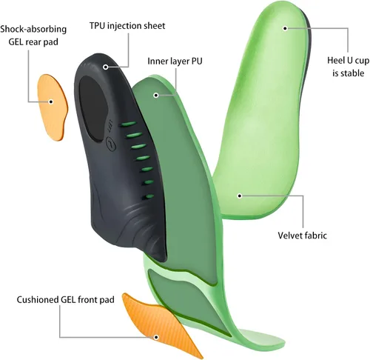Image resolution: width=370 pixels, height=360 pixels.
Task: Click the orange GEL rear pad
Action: coord(53,107)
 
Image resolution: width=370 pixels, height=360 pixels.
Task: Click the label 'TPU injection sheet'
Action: coord(127,26)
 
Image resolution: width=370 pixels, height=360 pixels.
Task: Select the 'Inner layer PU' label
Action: coord(175,61)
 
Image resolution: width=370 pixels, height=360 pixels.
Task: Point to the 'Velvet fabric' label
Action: coord(302,236)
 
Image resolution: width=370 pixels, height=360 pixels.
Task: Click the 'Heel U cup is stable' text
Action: coord(349,67)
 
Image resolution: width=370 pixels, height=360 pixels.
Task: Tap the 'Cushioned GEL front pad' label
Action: coord(66,299)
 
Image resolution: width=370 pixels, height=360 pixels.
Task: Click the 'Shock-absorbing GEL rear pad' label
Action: coord(33,36)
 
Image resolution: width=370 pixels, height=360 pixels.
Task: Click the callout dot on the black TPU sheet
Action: coord(106,67)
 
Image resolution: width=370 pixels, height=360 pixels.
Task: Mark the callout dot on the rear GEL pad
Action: coord(51,101)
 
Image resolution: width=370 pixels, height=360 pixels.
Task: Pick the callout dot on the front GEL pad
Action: coord(156,337)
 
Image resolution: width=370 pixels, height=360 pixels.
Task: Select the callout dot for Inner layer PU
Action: coord(156,95)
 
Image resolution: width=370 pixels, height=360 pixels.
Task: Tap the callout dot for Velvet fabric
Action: coord(240,196)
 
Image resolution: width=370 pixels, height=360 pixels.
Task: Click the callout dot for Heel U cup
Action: coord(285,28)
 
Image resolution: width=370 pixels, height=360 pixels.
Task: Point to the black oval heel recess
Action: coord(93,109)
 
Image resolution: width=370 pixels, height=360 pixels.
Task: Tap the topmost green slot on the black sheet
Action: coord(127,124)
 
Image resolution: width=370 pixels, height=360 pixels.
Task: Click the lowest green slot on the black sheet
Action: coord(148,197)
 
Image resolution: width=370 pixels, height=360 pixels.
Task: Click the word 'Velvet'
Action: coord(289,236)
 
